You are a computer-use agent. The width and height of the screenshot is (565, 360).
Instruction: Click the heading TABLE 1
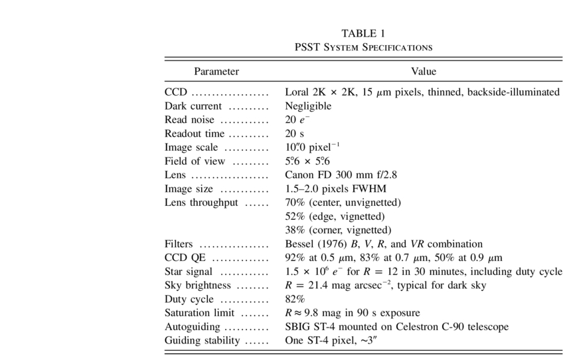[363, 33]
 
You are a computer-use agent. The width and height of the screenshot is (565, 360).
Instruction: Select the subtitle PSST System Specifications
[363, 47]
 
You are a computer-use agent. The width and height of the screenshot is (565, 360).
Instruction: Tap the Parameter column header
[216, 71]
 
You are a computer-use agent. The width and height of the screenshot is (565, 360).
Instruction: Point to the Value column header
[424, 71]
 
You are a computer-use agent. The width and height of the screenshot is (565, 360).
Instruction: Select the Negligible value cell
[307, 106]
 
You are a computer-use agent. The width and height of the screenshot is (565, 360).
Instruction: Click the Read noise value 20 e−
[297, 120]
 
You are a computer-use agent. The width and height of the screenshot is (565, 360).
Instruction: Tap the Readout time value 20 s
[295, 134]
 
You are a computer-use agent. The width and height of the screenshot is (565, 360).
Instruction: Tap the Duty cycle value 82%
[295, 299]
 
